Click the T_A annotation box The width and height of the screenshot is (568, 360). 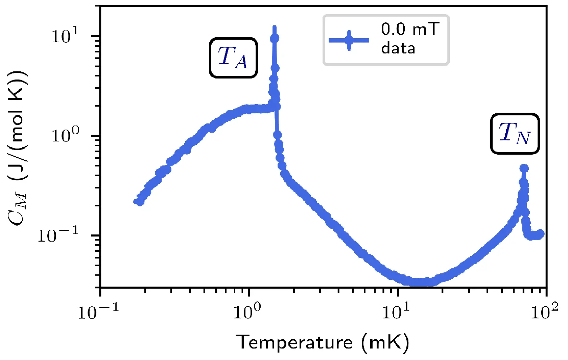tap(233, 58)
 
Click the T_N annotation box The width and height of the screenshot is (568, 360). tap(515, 134)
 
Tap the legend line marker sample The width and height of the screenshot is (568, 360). tap(349, 40)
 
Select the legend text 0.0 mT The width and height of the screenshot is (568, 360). tap(410, 29)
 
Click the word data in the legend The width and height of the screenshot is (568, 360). tap(398, 48)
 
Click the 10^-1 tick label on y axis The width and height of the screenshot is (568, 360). tap(58, 234)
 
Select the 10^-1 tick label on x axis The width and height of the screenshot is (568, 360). tap(98, 312)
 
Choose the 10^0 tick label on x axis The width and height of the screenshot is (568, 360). tap(248, 312)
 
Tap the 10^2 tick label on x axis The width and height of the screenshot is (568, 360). tap(544, 312)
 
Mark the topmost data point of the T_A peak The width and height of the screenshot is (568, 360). tap(275, 38)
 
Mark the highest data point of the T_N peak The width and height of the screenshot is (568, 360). tap(524, 168)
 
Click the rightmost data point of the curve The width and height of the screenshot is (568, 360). tap(540, 233)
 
